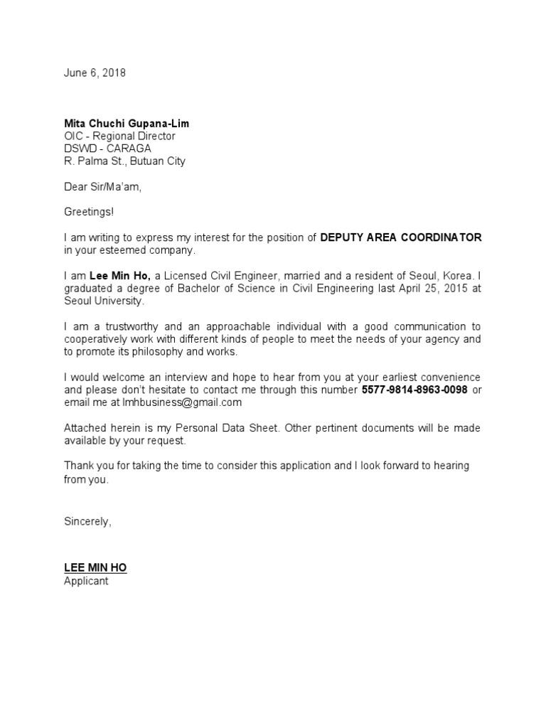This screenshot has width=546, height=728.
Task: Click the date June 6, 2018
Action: coord(95,73)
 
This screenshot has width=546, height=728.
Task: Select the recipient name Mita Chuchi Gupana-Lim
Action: coord(127,123)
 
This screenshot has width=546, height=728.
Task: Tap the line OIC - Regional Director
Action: coord(119,136)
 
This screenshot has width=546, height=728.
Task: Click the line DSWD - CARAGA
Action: coord(107,149)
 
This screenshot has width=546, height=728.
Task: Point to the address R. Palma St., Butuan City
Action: coord(124,161)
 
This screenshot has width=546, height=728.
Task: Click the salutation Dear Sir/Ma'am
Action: coord(107,187)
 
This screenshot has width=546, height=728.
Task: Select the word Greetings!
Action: coord(88,212)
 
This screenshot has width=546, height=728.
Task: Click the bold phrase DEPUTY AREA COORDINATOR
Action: coord(400,237)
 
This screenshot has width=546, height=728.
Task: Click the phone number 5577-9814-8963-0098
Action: coord(414,390)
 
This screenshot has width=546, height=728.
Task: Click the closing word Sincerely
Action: coord(87,521)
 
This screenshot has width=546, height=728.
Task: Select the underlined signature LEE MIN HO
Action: coord(95,568)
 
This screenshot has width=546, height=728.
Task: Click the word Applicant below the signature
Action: coord(86,581)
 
